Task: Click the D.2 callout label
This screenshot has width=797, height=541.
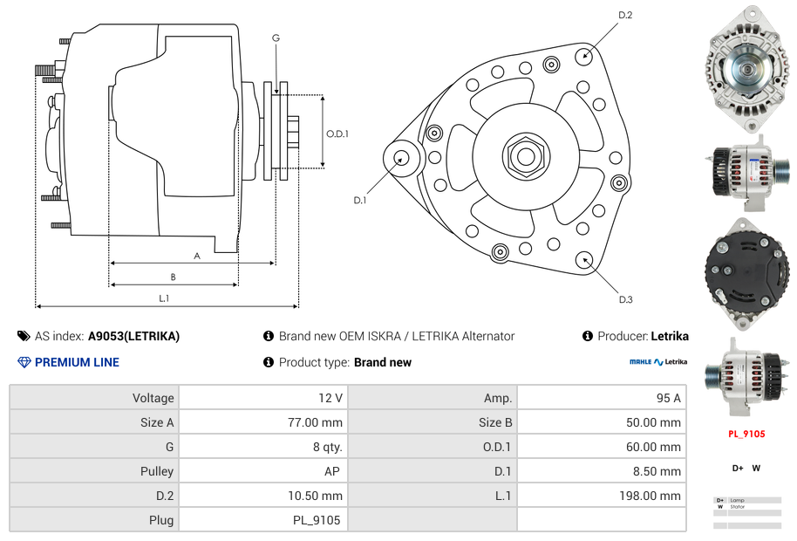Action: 625,15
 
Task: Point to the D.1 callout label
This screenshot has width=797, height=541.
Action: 359,200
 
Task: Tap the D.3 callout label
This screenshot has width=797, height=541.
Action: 625,299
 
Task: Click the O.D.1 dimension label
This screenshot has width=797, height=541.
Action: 337,134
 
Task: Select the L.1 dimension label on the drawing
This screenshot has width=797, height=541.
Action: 164,298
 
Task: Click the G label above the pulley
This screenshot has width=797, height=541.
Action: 276,38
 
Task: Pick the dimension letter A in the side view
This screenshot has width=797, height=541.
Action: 197,256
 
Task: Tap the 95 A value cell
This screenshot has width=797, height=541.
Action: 601,398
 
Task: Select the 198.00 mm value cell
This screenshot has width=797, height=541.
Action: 601,496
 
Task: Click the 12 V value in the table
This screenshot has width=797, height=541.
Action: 261,398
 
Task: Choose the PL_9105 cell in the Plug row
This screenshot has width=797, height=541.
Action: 261,520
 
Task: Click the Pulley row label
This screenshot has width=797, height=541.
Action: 94,471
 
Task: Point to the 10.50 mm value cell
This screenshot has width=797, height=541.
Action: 261,496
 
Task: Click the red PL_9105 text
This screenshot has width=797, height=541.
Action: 746,434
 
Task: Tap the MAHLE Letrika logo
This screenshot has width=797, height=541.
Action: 658,362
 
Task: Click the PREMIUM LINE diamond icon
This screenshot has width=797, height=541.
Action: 24,362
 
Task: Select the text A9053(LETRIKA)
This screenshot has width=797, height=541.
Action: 133,336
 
